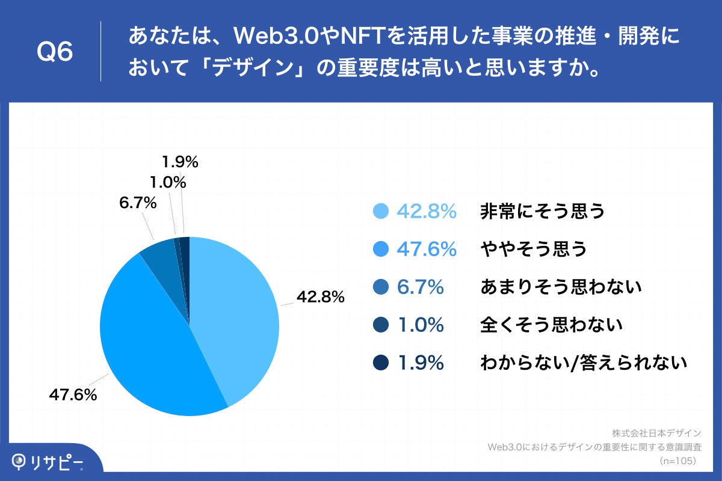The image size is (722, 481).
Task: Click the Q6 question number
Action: point(55,52)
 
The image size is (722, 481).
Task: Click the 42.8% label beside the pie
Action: point(319,296)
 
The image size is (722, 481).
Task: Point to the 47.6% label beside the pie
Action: point(73,395)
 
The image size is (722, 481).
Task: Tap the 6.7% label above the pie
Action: point(138,203)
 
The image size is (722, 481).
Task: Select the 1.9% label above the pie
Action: point(180,162)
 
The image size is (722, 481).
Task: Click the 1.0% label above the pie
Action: point(168,182)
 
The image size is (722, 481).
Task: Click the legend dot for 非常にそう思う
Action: point(381,211)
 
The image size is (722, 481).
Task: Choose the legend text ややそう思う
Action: point(533,249)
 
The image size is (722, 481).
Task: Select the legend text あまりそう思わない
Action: point(561,287)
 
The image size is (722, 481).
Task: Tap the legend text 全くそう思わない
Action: point(551,325)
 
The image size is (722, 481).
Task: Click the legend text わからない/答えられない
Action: point(583,363)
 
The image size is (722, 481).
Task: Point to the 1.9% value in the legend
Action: point(421,363)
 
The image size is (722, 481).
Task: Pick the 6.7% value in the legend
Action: point(421,287)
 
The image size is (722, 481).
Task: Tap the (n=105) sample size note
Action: point(678,461)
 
